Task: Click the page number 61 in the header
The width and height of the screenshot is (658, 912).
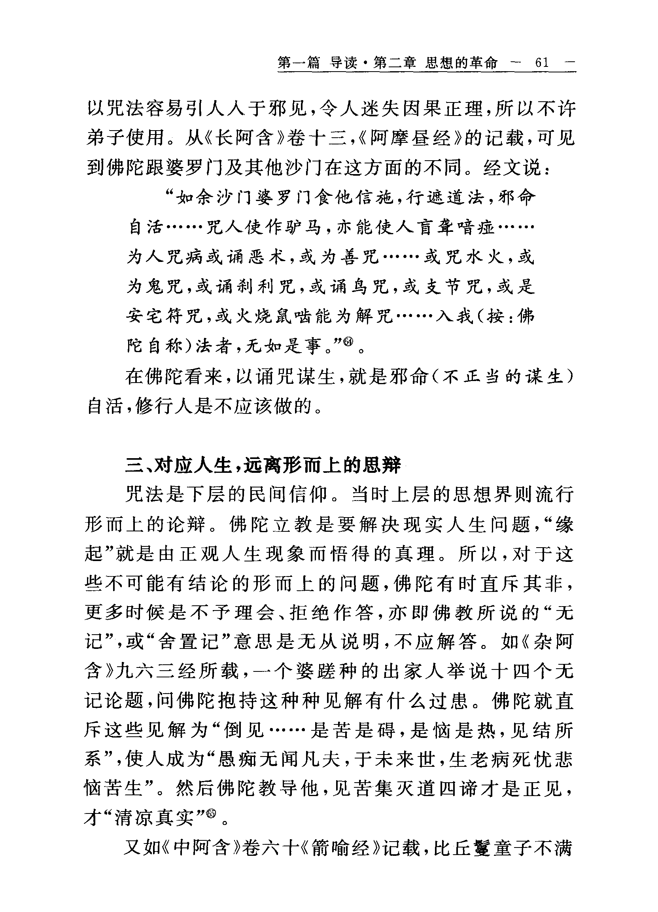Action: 541,63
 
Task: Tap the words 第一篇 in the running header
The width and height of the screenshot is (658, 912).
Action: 298,63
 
